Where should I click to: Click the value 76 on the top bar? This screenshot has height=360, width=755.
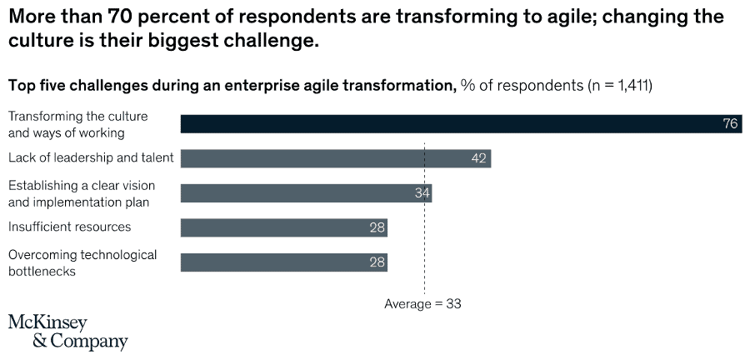click(730, 123)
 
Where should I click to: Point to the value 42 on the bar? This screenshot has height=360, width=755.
click(478, 158)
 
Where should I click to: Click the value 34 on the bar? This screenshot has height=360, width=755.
click(422, 193)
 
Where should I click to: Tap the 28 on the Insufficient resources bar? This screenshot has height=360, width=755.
click(377, 227)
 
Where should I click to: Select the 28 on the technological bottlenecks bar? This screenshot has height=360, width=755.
click(377, 262)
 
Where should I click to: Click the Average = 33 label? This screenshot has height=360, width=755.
click(422, 304)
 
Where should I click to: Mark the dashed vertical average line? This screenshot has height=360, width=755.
click(424, 283)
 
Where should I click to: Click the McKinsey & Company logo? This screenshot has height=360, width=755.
click(67, 332)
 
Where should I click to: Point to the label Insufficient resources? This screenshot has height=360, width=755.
click(69, 227)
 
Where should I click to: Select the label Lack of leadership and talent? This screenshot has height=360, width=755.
click(91, 157)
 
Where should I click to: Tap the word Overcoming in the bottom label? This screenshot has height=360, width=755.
click(42, 255)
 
